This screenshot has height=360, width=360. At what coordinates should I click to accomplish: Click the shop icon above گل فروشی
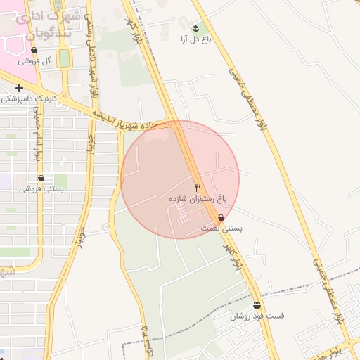(34, 51)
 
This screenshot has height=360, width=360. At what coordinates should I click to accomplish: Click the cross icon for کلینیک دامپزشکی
(19, 89)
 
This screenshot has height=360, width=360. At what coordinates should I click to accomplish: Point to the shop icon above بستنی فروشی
(41, 179)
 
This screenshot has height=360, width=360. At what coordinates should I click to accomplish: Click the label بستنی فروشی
(41, 188)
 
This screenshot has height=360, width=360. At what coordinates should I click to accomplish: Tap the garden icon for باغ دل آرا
(195, 28)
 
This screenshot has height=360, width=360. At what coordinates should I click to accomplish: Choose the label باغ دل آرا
(195, 39)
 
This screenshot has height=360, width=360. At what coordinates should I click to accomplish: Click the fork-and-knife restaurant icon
(197, 188)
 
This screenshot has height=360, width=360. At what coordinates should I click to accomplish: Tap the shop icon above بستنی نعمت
(221, 218)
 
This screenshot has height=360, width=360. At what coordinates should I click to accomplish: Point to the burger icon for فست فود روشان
(257, 306)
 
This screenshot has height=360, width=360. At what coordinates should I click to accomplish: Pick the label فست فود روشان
(257, 316)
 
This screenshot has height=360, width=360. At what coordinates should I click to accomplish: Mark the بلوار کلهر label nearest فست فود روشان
(231, 258)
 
